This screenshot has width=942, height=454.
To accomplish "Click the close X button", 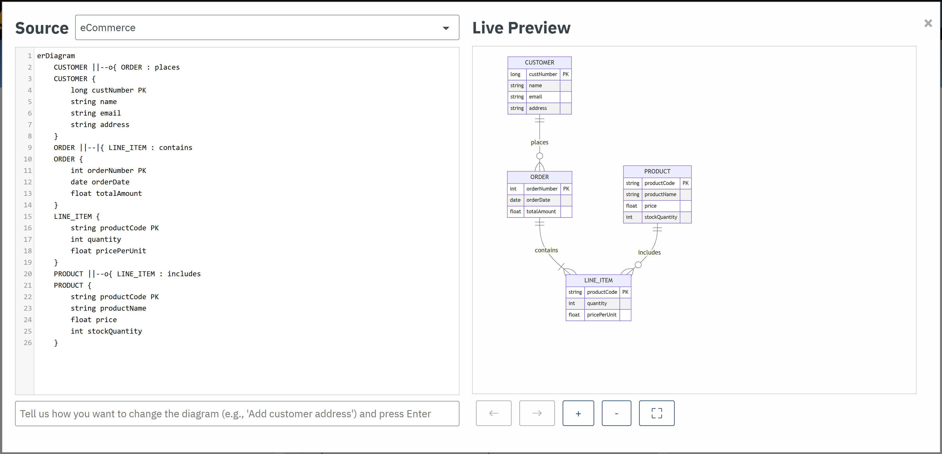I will (928, 23).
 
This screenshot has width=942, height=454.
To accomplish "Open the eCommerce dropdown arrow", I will (445, 28).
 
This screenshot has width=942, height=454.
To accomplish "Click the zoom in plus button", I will (578, 413).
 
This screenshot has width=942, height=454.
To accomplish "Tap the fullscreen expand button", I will (656, 413).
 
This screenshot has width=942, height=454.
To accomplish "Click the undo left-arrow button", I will (493, 413).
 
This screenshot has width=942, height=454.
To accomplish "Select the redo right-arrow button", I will (536, 413).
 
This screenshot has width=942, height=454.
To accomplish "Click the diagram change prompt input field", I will (237, 414).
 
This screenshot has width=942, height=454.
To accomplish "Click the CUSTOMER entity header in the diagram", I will (539, 62).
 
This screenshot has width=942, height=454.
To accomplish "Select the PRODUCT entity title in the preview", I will (657, 171).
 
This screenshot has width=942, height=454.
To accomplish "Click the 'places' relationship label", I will (539, 142).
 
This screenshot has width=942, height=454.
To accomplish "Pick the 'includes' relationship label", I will (649, 253).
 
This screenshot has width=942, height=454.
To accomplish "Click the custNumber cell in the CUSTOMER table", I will (543, 74).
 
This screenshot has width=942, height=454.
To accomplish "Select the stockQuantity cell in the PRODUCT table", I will (660, 217).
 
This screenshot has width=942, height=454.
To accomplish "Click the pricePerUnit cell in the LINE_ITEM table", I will (602, 315).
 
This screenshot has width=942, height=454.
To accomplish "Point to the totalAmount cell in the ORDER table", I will (541, 212).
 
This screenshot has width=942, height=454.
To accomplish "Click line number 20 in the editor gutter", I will (28, 274).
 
